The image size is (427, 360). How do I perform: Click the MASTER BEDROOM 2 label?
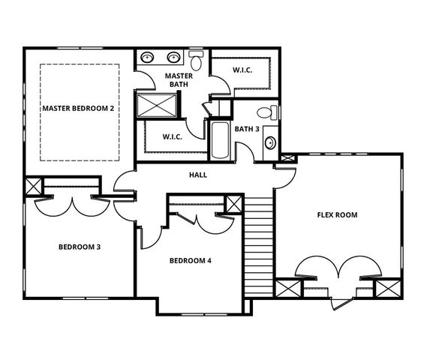click(78, 109)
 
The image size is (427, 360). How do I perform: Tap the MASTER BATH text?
click(179, 79)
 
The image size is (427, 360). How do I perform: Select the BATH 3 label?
click(246, 129)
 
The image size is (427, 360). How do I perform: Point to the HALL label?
click(198, 175)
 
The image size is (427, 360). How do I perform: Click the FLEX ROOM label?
click(337, 215)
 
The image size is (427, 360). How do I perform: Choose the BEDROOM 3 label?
click(80, 247)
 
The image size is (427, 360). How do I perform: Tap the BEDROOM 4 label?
click(191, 261)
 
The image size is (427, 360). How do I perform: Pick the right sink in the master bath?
click(174, 57)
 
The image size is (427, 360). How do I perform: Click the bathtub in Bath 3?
click(220, 140)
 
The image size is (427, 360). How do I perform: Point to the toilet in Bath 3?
click(264, 114)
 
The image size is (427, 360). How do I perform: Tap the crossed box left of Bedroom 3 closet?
click(34, 186)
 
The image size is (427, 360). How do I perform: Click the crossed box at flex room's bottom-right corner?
click(386, 289)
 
